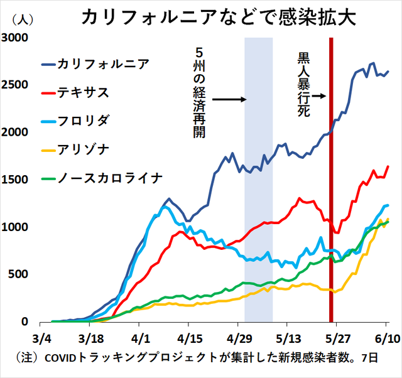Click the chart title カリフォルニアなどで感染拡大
219,17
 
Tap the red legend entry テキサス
82,93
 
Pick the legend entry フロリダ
82,121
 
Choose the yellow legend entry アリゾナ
82,149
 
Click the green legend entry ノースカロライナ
110,178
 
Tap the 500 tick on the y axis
20,274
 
